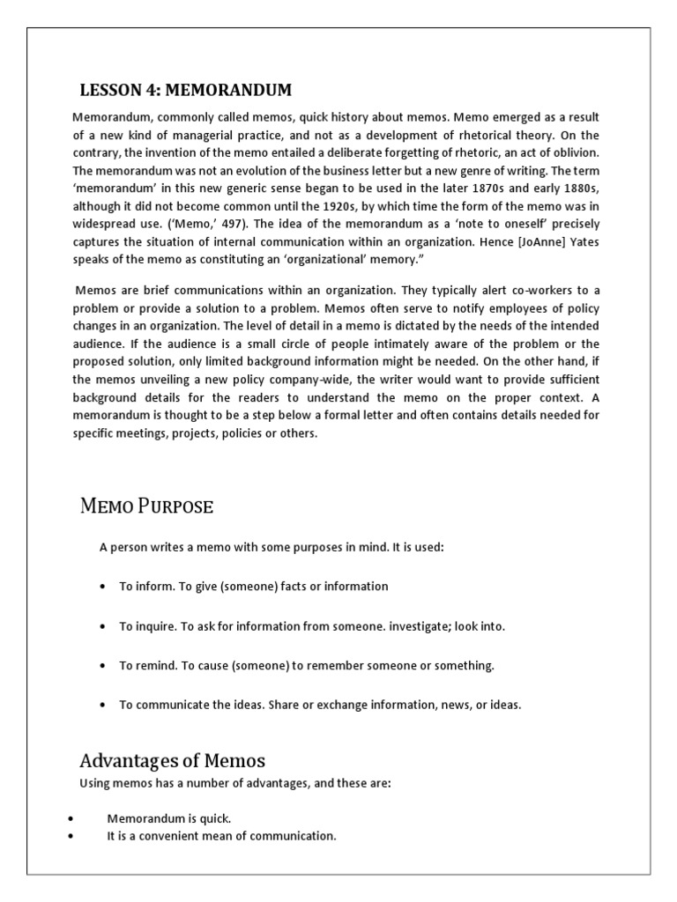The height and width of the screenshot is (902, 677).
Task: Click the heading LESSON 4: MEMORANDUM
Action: click(185, 90)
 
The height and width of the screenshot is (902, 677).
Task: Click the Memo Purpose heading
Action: click(146, 506)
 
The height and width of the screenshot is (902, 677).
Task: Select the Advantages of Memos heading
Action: click(172, 760)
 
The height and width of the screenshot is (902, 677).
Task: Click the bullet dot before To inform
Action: click(104, 587)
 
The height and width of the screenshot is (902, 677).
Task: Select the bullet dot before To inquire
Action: click(104, 626)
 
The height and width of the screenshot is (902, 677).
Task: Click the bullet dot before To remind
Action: click(104, 666)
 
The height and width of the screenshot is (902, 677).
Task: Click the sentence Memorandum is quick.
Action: click(169, 818)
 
